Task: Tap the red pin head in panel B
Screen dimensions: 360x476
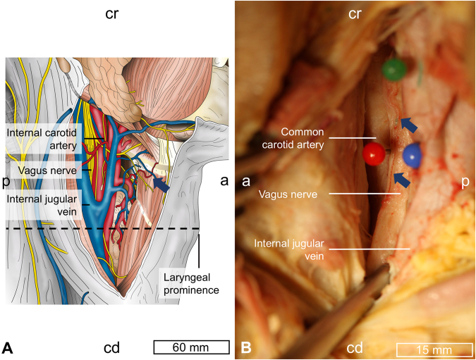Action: pos(374,153)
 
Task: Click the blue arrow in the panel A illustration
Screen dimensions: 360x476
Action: pos(161,184)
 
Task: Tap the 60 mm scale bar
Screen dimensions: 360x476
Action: pos(191,347)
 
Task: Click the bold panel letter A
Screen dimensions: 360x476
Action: pos(8,347)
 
